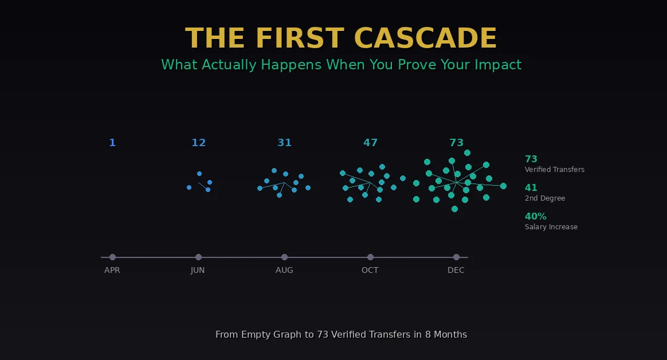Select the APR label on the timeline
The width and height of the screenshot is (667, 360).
pyautogui.click(x=112, y=270)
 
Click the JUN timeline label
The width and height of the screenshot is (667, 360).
pyautogui.click(x=198, y=270)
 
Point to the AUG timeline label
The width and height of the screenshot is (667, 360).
pyautogui.click(x=284, y=270)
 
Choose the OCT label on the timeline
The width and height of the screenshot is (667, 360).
pyautogui.click(x=370, y=270)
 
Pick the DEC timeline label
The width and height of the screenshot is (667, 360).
pyautogui.click(x=456, y=270)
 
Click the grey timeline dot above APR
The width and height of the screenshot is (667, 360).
pyautogui.click(x=112, y=257)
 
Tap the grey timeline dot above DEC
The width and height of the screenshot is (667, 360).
pyautogui.click(x=456, y=257)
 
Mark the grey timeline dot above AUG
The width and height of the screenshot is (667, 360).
pyautogui.click(x=284, y=257)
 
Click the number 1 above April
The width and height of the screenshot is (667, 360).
pyautogui.click(x=112, y=143)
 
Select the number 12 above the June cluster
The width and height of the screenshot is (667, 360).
pyautogui.click(x=198, y=143)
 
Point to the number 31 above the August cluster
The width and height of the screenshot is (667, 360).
pyautogui.click(x=284, y=143)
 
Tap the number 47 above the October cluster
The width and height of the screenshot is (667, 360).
pyautogui.click(x=370, y=143)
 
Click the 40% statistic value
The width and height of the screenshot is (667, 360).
pyautogui.click(x=536, y=217)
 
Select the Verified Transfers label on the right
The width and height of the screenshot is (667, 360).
pyautogui.click(x=554, y=170)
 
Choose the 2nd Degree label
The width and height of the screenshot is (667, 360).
pyautogui.click(x=544, y=198)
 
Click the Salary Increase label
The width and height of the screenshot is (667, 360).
pyautogui.click(x=551, y=227)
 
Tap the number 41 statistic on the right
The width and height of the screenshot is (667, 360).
pyautogui.click(x=531, y=188)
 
